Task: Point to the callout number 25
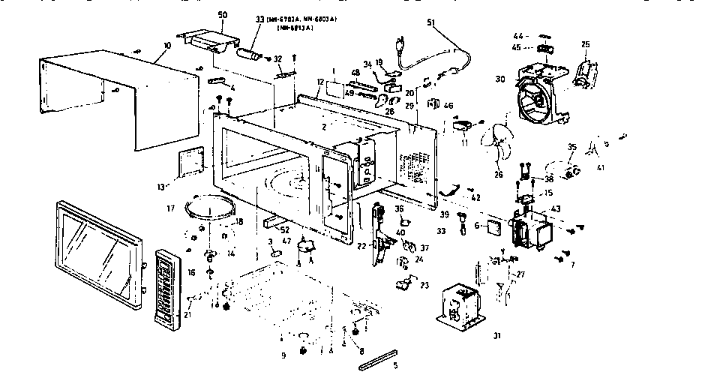(x=586, y=44)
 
